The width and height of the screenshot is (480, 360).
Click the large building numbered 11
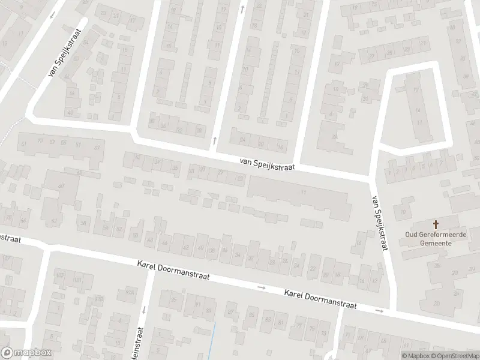(x=304, y=193)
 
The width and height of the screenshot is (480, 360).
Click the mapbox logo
(x=26, y=353)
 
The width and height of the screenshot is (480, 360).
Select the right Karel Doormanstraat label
(x=320, y=299)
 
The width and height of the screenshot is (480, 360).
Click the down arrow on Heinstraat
(x=145, y=310)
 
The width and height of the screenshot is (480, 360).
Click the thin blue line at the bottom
(x=215, y=339)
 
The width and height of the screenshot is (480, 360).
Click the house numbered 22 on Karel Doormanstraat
(x=312, y=269)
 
